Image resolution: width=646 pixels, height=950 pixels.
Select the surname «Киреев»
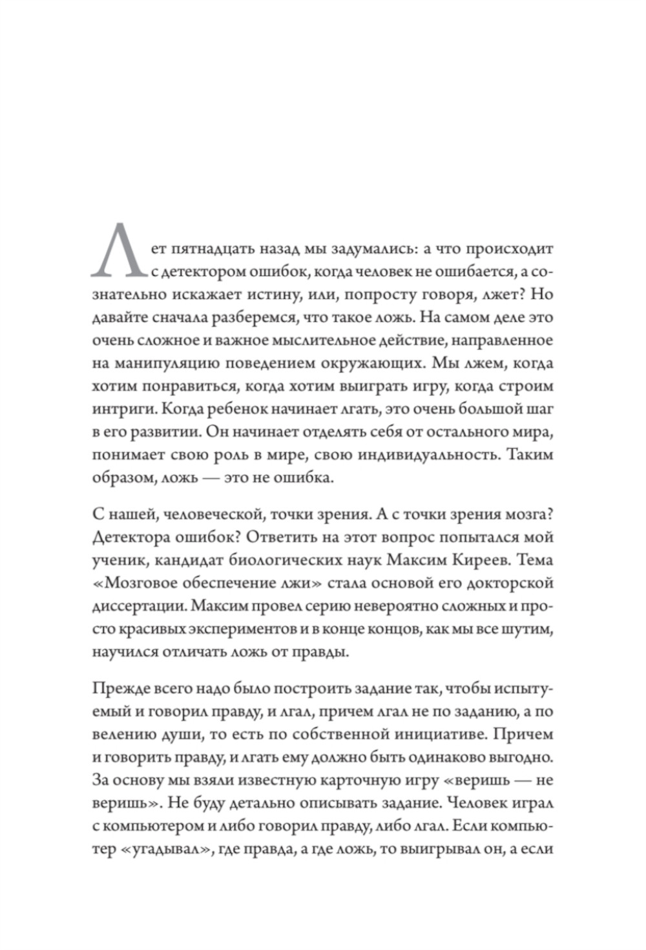(x=476, y=560)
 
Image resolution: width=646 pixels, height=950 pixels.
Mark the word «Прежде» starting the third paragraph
(x=117, y=690)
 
